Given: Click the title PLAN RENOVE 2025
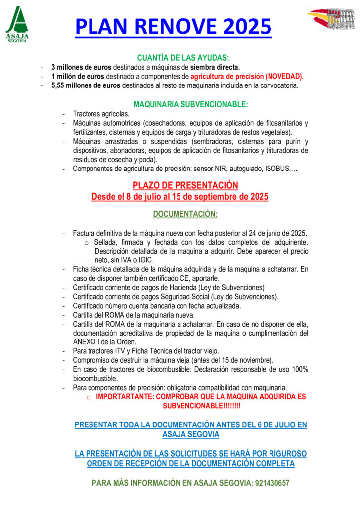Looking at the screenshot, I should coord(173,26).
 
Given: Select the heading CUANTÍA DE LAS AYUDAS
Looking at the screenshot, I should coord(183,58).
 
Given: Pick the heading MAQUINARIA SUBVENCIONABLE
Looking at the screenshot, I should coord(190,104).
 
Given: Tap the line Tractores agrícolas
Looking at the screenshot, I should coord(94,114).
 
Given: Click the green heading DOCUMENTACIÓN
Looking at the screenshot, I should coord(185,214).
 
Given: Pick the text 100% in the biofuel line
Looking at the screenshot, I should coord(300,369).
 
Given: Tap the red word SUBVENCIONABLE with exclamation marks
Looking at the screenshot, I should coord(201,406).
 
